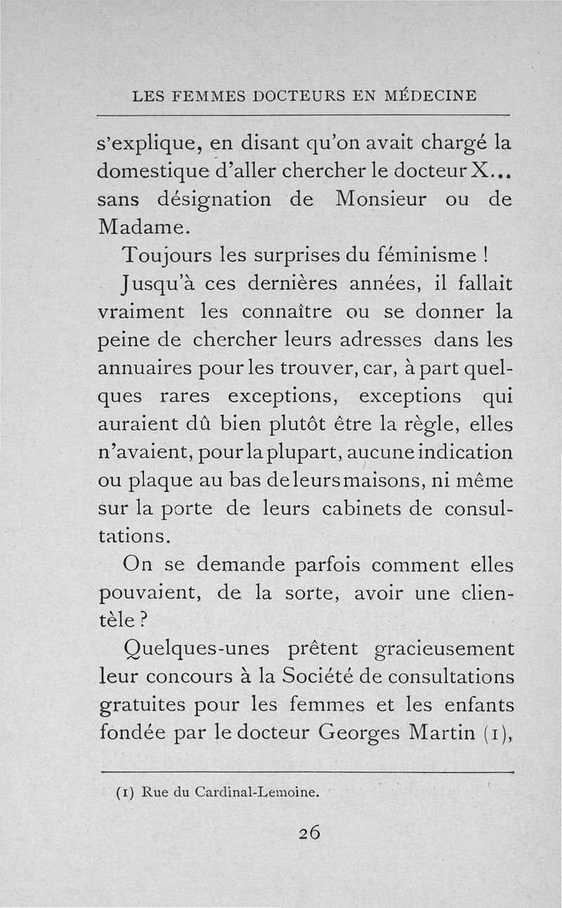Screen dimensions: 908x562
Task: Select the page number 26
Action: click(309, 832)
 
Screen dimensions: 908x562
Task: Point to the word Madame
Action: click(133, 227)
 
